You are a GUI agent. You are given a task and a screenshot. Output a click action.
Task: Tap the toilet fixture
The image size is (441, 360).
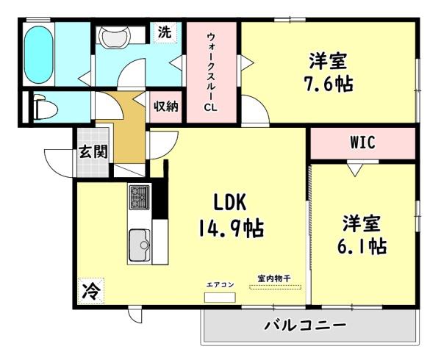43,109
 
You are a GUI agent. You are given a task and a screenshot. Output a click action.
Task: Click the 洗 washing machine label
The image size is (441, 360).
165,32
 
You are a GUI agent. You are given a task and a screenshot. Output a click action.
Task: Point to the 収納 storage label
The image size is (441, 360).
166,107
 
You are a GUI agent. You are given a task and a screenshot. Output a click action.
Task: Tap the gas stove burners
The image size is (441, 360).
139,197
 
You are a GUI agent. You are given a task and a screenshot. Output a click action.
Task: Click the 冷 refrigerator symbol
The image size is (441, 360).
90,290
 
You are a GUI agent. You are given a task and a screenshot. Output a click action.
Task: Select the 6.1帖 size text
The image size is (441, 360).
363,246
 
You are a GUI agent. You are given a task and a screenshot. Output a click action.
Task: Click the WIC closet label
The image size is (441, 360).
362,143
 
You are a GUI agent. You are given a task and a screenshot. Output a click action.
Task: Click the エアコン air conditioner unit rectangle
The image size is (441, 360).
219,298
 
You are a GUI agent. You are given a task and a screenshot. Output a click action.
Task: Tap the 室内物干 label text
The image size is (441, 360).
273,278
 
